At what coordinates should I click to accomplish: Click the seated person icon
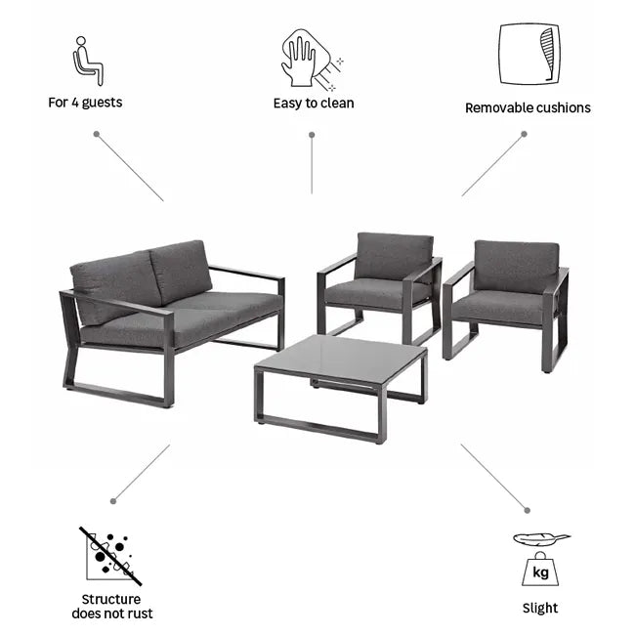point(88,61)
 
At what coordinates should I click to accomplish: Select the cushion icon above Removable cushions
point(529,54)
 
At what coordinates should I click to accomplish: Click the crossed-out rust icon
point(110,557)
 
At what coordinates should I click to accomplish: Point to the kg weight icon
point(540,569)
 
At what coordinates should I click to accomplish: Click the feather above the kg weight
point(541,539)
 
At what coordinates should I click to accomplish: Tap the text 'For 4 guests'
point(85,103)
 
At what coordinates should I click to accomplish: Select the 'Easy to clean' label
point(314,104)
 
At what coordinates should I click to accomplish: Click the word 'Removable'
point(496,107)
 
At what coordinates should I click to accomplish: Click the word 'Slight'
point(540,608)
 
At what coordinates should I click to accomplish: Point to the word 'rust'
point(140,614)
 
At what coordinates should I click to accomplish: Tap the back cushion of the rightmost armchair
point(517,266)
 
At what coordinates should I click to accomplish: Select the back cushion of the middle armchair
point(394,256)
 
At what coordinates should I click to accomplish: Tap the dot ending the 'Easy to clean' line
point(312,135)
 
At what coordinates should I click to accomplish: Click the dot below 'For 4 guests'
point(97,134)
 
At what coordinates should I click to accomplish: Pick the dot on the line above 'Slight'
point(527,510)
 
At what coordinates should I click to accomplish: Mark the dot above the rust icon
point(113,501)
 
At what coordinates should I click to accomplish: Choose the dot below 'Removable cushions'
point(524,134)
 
